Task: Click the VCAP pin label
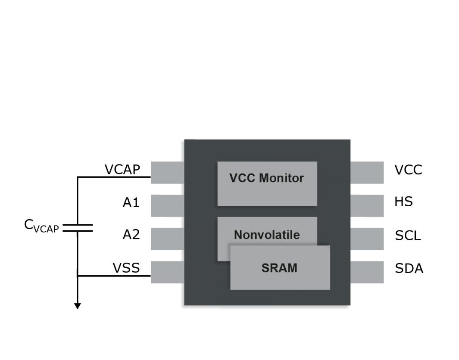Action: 122,170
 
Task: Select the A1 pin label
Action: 131,202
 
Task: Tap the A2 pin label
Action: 131,235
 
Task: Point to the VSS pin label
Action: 126,268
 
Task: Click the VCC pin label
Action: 408,170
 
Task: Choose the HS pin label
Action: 403,202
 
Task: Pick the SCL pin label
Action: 408,236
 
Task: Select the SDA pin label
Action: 409,269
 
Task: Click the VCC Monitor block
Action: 267,183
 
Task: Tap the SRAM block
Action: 280,268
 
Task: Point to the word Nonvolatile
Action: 267,235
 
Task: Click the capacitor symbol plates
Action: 78,228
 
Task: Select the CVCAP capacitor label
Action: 41,226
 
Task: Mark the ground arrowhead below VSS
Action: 78,306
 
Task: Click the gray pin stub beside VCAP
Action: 168,173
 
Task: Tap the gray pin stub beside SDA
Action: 367,272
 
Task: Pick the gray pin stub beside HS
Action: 367,205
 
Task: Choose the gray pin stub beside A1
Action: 168,205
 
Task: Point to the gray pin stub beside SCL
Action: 367,239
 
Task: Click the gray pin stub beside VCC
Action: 367,173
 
